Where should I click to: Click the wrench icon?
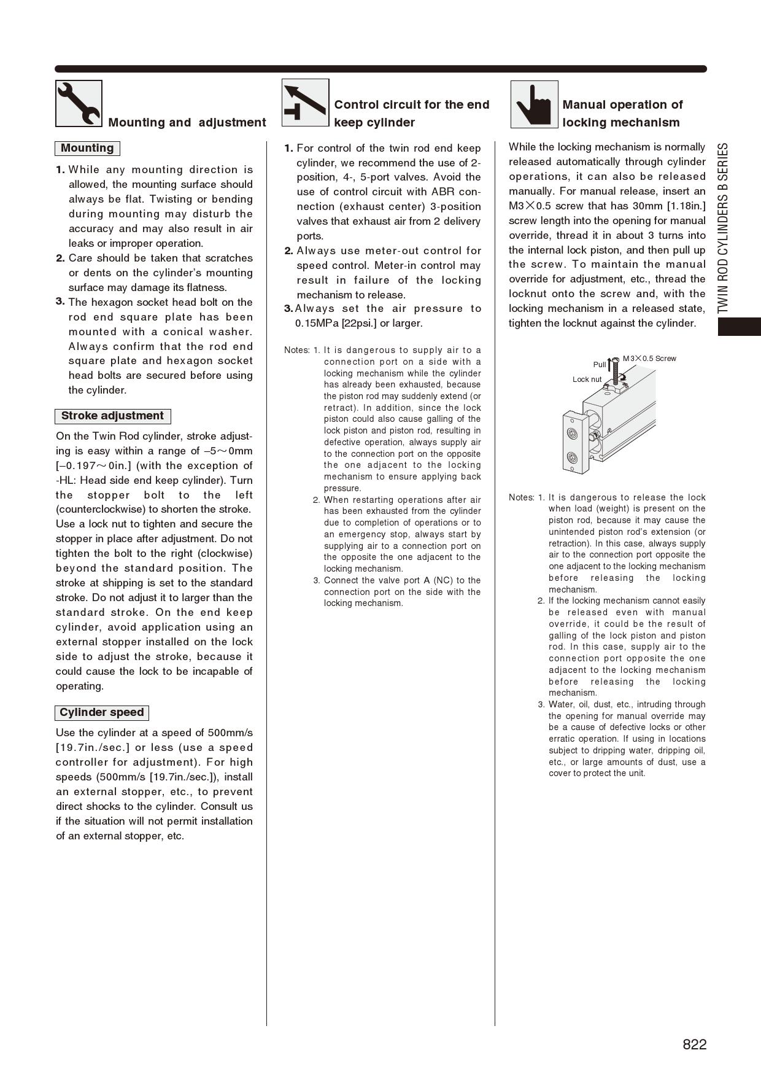[x=79, y=103]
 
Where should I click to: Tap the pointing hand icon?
[x=534, y=104]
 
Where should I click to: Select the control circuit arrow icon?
[x=306, y=103]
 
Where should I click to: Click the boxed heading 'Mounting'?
[x=87, y=149]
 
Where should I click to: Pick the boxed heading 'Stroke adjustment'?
[x=112, y=416]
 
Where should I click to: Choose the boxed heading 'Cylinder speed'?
[x=102, y=713]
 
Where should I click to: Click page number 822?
[x=694, y=1044]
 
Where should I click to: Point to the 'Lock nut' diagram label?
[x=587, y=379]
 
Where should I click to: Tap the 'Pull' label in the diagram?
[x=599, y=365]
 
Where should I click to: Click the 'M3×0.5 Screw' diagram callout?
[x=649, y=359]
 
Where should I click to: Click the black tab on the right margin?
[x=739, y=327]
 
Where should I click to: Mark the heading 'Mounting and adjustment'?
[x=187, y=122]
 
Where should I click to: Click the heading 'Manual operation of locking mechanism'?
[x=622, y=114]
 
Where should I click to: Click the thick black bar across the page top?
[x=381, y=69]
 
